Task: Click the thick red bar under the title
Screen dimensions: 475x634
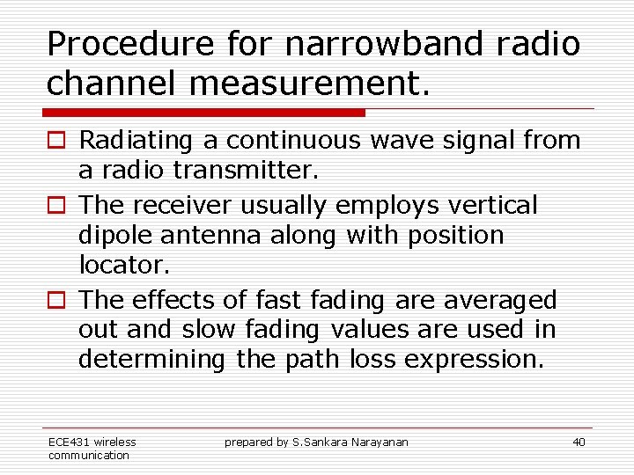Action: [x=204, y=113]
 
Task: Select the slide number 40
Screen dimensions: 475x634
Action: [x=578, y=442]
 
